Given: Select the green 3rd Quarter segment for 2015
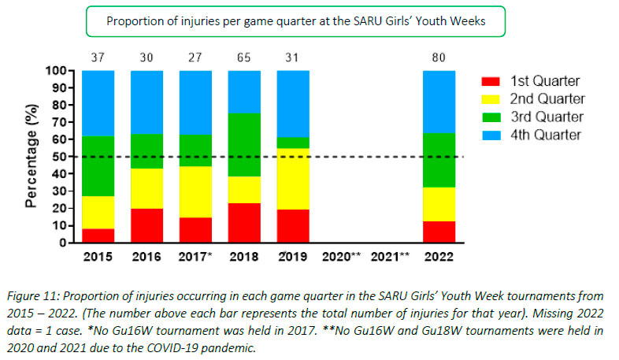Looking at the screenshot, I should pos(98,166).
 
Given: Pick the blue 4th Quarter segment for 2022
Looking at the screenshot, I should pos(439,102).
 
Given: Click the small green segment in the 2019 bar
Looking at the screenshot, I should pos(293,143).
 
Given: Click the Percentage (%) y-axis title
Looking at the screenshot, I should pos(31,157).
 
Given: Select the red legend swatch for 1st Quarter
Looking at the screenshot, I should pos(491,80).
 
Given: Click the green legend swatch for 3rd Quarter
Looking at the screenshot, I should pos(491,117).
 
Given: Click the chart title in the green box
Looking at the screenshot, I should pos(295,21).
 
